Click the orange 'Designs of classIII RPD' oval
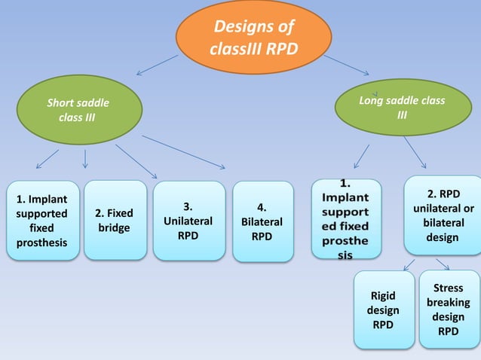253,38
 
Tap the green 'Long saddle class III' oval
402,107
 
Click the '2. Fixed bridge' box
115,220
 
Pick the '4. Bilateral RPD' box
262,222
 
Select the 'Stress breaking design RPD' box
449,309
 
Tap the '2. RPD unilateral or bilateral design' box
443,215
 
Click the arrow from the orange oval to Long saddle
347,64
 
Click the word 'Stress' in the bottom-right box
449,288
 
